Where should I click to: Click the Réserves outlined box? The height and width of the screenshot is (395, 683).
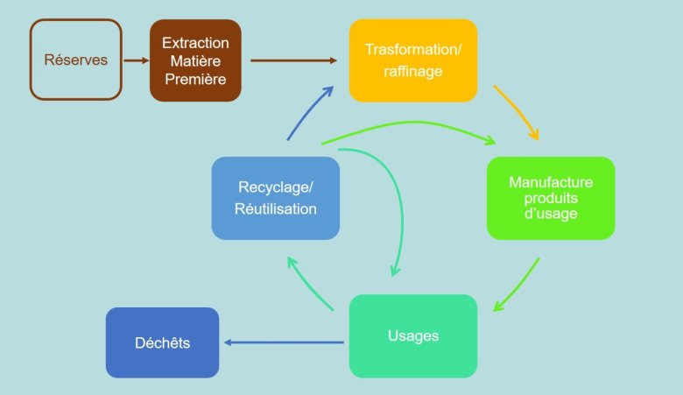[x=75, y=60]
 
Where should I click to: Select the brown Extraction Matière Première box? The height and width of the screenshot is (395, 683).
[x=195, y=60]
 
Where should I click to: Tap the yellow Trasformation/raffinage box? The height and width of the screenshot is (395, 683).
[x=412, y=60]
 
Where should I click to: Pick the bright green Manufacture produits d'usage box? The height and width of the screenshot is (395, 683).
[x=551, y=198]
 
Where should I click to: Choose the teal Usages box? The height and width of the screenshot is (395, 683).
[x=413, y=335]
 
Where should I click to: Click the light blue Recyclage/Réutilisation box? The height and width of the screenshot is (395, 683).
[x=275, y=198]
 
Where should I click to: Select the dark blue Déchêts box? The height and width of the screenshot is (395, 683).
[x=162, y=342]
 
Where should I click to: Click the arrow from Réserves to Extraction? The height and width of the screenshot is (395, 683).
[x=135, y=60]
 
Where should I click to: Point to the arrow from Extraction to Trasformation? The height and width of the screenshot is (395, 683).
[x=293, y=60]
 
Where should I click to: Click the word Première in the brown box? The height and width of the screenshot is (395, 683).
[x=195, y=79]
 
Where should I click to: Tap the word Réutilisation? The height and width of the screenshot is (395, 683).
[x=275, y=209]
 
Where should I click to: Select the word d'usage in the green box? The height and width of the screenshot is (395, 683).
[x=551, y=213]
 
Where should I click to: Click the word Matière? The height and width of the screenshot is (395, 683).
[x=195, y=60]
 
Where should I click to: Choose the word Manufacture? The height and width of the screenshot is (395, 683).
[x=551, y=182]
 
